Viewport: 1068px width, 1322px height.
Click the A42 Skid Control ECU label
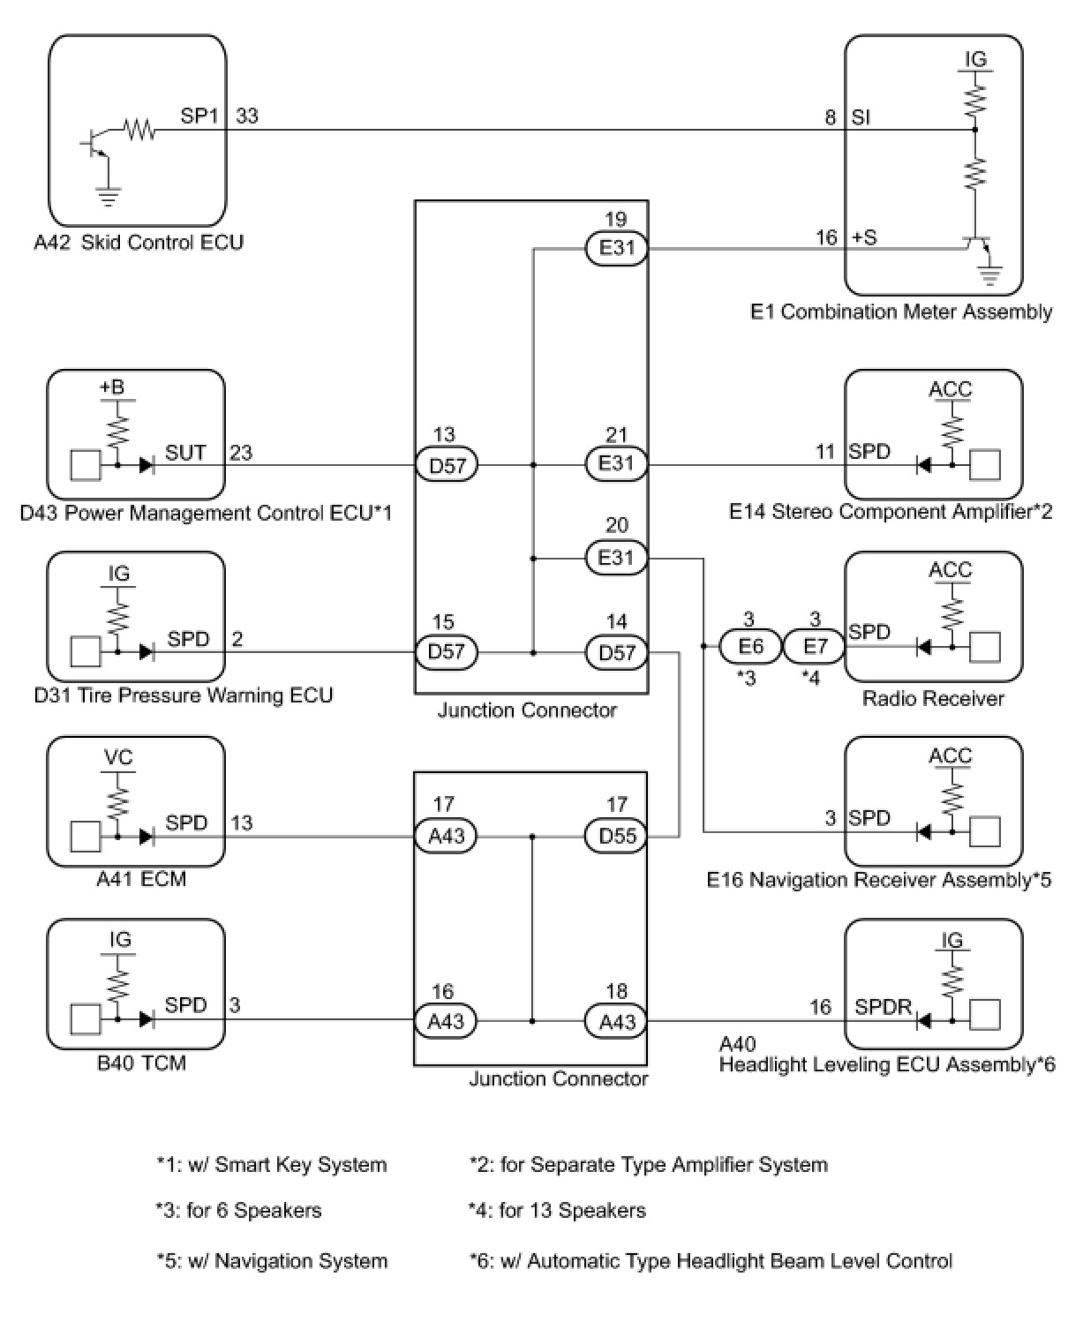coord(139,243)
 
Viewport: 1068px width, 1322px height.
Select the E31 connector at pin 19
coord(617,248)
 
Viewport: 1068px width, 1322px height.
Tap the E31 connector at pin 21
coord(617,463)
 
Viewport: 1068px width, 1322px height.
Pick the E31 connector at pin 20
coord(617,558)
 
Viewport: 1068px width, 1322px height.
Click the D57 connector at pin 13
coord(447,464)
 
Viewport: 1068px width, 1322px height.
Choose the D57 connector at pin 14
coord(617,653)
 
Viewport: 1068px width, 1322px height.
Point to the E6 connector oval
coord(750,647)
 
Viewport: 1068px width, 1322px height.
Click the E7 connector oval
coord(815,647)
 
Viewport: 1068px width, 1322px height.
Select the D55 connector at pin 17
coord(617,836)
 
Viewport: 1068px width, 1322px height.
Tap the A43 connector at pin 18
coord(617,1021)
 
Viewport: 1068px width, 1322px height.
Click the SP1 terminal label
coord(199,116)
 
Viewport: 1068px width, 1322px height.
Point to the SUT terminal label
coord(185,453)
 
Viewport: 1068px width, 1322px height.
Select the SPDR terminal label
coord(883,1007)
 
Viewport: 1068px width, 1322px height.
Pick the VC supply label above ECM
coord(119,758)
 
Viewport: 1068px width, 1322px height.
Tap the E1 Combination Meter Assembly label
coord(901,312)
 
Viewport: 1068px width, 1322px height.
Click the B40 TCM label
coord(141,1063)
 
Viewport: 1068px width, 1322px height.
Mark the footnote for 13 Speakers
coord(557,1211)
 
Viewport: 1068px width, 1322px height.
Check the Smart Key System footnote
coord(272,1165)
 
